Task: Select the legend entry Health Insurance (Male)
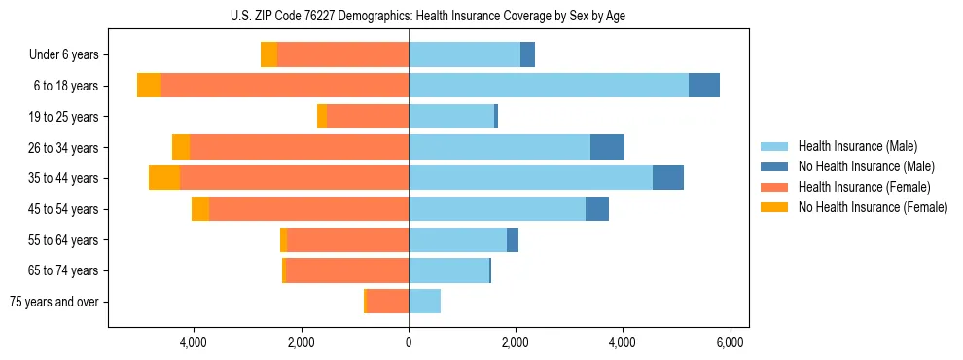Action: click(857, 146)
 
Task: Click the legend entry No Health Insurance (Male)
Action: click(867, 166)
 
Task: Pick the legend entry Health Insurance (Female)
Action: click(863, 187)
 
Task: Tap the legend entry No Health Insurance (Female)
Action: click(873, 207)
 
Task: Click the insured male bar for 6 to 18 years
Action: click(549, 86)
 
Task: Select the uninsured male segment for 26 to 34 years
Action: click(607, 147)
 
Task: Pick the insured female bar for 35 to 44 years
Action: click(294, 178)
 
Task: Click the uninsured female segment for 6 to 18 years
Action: click(149, 86)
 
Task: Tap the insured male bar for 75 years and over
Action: click(424, 302)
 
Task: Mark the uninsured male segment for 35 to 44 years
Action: click(668, 178)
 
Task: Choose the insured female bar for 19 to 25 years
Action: click(368, 117)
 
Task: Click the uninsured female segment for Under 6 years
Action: click(268, 55)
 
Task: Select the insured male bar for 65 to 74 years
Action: click(448, 270)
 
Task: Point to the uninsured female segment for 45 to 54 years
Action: click(200, 209)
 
